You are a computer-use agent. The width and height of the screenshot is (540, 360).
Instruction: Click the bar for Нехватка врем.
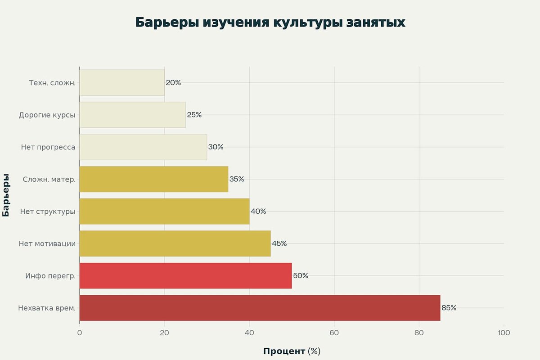tap(260, 308)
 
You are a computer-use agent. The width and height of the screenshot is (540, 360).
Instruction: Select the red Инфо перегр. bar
tap(185, 276)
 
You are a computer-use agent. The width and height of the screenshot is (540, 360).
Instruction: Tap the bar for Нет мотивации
tap(175, 243)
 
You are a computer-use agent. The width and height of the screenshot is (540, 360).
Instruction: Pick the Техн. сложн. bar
tap(122, 83)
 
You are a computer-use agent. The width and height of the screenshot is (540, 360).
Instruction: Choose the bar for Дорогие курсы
tap(132, 115)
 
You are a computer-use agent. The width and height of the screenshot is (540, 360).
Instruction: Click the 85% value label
tap(449, 308)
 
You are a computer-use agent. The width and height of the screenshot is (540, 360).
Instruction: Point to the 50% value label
tap(301, 276)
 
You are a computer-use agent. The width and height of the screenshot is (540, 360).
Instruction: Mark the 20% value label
tap(173, 83)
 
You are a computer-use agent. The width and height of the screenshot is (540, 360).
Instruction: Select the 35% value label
tap(237, 179)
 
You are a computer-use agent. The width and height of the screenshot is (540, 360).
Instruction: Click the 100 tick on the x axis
tap(504, 333)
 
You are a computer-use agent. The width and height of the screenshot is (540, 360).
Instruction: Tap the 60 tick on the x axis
tap(334, 333)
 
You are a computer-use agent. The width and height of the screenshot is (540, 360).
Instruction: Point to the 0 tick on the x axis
tap(80, 333)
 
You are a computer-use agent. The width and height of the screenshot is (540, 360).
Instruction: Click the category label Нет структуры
tap(48, 211)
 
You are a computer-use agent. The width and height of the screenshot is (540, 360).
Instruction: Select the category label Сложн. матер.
tap(49, 179)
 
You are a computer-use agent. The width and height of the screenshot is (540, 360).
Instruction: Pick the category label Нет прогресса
tap(48, 147)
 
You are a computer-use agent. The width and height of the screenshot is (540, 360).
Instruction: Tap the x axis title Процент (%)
tap(292, 351)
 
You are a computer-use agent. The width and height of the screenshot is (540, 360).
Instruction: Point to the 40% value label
tap(258, 211)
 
